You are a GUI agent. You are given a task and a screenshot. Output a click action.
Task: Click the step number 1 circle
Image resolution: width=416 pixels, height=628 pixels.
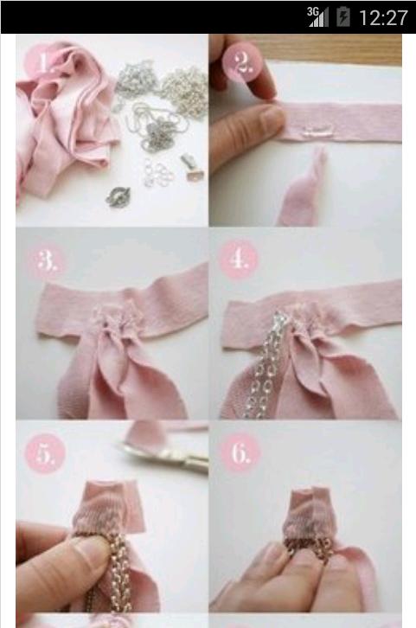pyautogui.click(x=44, y=62)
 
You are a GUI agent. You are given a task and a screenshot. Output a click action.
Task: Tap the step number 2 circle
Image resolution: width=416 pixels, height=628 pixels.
pyautogui.click(x=243, y=62)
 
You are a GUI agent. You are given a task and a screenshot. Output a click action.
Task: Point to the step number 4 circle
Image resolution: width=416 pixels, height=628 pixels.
pyautogui.click(x=238, y=260)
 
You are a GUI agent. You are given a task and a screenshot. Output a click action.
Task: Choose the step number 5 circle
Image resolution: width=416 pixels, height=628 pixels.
pyautogui.click(x=45, y=454)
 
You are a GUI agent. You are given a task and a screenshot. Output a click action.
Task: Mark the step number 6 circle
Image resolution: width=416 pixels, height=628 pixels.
pyautogui.click(x=240, y=454)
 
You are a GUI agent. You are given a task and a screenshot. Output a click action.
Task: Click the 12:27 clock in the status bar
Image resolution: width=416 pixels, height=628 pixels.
pyautogui.click(x=383, y=18)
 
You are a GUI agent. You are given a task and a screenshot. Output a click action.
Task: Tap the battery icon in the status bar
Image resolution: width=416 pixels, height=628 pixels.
pyautogui.click(x=343, y=17)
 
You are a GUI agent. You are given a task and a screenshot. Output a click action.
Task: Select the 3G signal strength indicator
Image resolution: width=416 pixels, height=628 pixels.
pyautogui.click(x=318, y=17)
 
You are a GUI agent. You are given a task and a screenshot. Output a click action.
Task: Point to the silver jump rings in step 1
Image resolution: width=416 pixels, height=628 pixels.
pyautogui.click(x=158, y=173)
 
